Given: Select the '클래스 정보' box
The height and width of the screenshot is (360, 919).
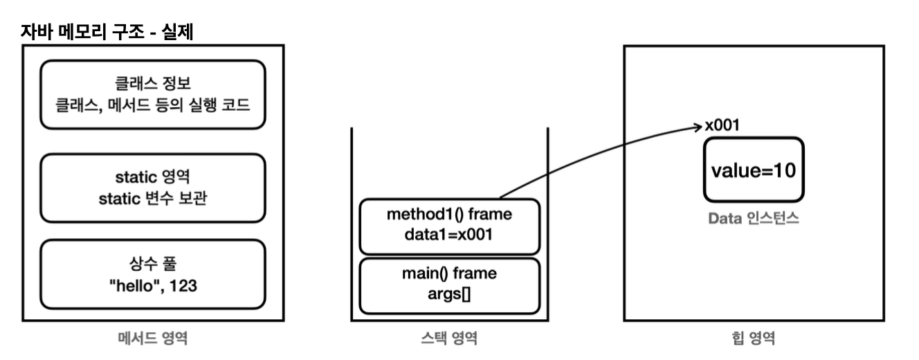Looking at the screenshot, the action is [152, 94].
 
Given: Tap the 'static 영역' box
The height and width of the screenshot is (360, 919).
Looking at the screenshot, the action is [152, 187].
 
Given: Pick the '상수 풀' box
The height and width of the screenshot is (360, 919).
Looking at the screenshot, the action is [152, 273].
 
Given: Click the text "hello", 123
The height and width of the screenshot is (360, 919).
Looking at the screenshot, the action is [153, 285].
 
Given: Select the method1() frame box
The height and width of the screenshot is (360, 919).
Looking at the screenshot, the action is [448, 226].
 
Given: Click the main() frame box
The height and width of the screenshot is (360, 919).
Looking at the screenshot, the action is [448, 285].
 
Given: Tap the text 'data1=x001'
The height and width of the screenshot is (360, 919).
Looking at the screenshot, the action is [449, 235].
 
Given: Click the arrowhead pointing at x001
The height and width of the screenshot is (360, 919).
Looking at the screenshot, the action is [697, 127].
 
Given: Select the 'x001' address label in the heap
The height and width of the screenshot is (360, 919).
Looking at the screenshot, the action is [723, 127].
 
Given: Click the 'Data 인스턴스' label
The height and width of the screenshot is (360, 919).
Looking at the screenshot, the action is [754, 219].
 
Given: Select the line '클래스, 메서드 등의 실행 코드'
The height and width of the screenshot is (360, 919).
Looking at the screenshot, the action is [153, 105].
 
